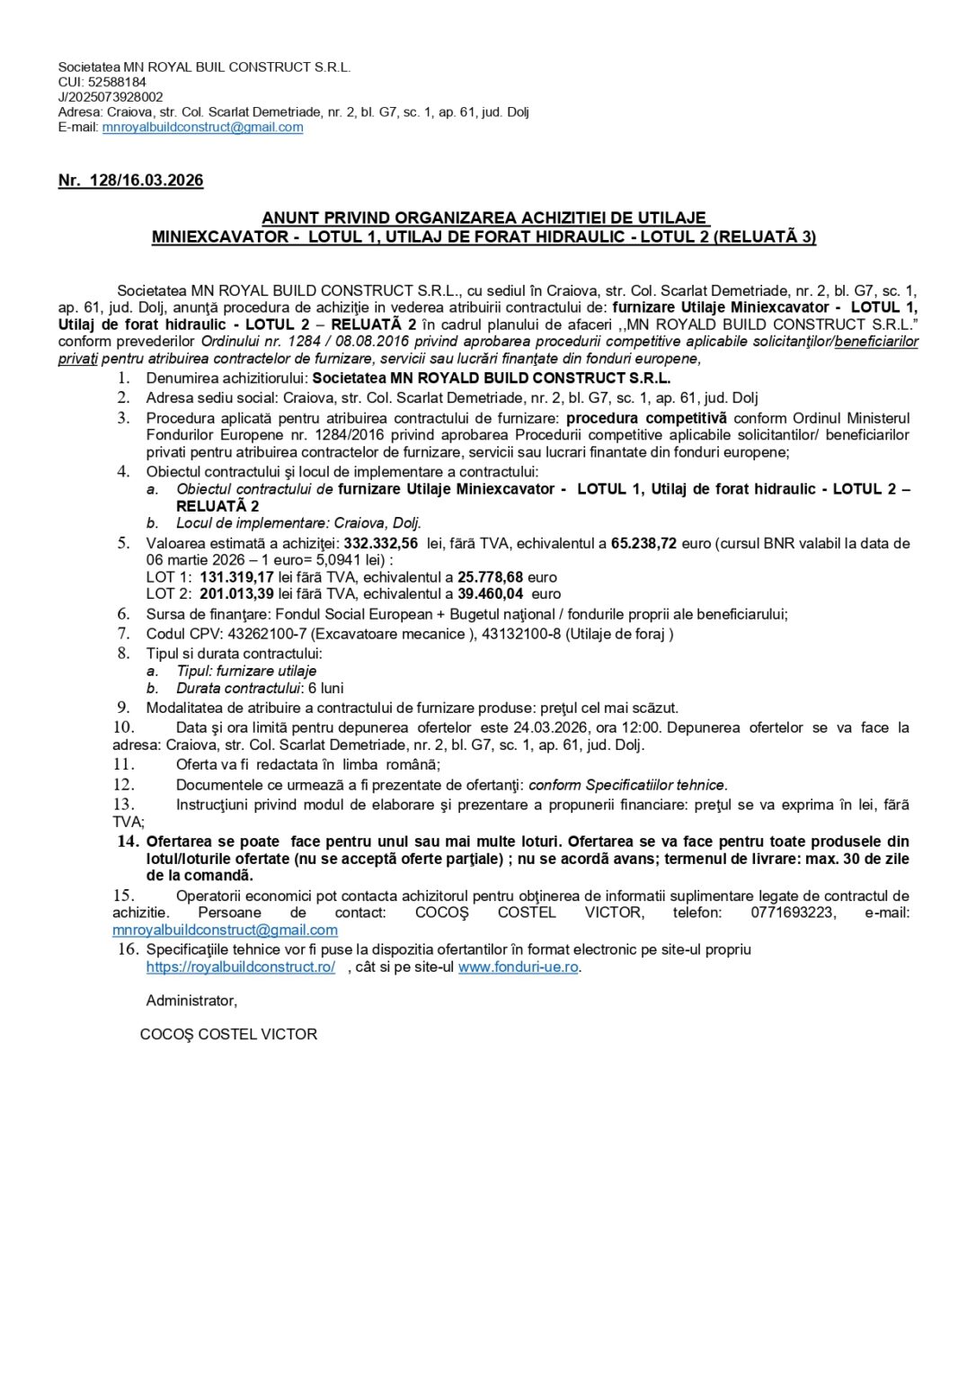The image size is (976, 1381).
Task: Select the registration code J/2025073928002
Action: pyautogui.click(x=111, y=97)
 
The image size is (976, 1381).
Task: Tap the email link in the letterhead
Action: pyautogui.click(x=202, y=127)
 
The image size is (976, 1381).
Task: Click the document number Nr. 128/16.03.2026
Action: pyautogui.click(x=130, y=180)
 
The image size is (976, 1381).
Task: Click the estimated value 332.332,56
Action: pyautogui.click(x=381, y=543)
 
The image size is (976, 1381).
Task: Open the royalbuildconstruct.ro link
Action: pyautogui.click(x=241, y=967)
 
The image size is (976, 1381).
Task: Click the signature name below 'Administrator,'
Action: pyautogui.click(x=228, y=1034)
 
